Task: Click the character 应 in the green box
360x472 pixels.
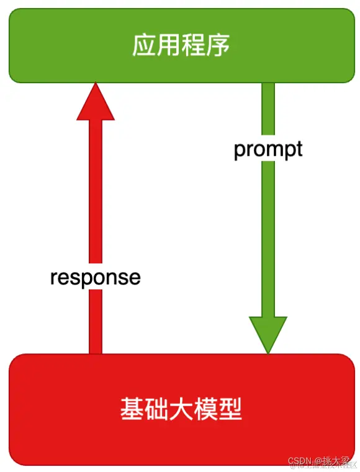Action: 144,46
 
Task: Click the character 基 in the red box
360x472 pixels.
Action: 132,410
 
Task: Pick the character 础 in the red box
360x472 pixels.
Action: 156,410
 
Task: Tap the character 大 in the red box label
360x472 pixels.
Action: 181,410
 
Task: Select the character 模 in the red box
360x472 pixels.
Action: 205,410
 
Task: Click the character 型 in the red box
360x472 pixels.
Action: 230,410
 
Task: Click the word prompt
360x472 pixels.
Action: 268,150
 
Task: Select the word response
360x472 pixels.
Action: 96,277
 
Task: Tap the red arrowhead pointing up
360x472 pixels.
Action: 96,102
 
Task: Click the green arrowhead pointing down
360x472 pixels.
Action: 268,334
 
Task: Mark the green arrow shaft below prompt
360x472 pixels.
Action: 268,236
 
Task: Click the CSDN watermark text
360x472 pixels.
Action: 302,461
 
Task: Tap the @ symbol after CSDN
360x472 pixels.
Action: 318,461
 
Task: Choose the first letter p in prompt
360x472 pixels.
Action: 240,151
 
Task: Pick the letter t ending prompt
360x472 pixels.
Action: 299,150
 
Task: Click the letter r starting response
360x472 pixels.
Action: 53,278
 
